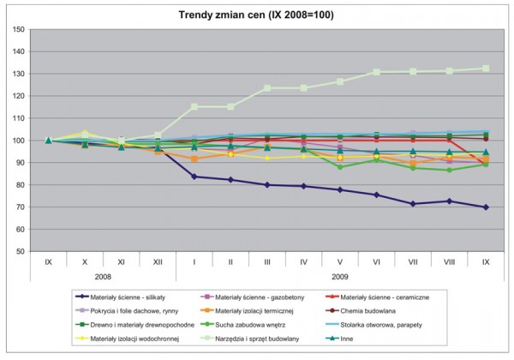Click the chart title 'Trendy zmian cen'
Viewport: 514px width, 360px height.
tap(257, 14)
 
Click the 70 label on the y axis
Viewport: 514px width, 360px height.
tap(18, 207)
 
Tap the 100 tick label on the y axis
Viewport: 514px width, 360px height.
tap(16, 141)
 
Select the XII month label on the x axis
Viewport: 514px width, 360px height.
tap(158, 261)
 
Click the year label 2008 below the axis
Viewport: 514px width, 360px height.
tap(103, 275)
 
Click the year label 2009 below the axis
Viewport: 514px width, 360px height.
tap(341, 275)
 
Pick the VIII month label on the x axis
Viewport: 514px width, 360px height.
tap(451, 261)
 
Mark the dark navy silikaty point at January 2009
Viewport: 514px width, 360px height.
tap(194, 177)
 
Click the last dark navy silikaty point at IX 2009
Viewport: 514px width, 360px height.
tap(487, 207)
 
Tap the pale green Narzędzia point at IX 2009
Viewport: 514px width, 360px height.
tap(487, 69)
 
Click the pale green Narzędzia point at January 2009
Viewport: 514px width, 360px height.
tap(194, 107)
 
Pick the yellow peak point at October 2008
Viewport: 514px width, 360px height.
tap(85, 133)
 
